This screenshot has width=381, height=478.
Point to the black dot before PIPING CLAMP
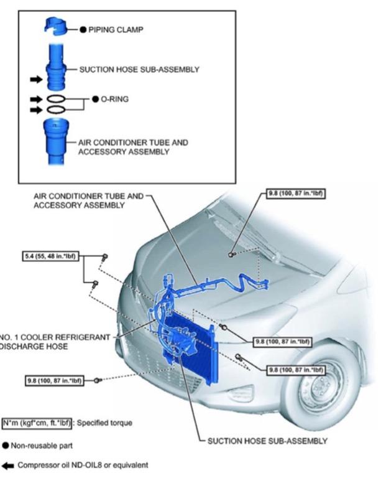(82, 29)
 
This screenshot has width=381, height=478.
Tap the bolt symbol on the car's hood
(231, 254)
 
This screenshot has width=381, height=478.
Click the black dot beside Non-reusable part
(6, 446)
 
